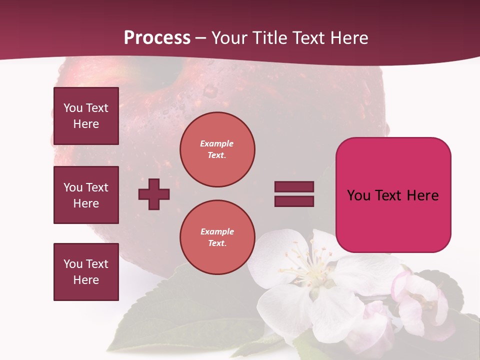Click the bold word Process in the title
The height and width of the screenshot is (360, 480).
pos(157,37)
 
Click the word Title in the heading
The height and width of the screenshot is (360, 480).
pos(268,37)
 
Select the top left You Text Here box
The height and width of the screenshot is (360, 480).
pos(86,116)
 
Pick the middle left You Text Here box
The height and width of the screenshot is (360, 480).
pos(86,195)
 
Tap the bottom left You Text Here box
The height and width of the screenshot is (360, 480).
pos(86,271)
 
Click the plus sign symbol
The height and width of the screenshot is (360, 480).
pos(154,194)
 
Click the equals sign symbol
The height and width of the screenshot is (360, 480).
pos(294,194)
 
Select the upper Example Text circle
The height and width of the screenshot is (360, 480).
pos(217,149)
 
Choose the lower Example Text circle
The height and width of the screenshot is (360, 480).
pos(217,237)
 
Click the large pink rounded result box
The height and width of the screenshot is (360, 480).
pos(393,195)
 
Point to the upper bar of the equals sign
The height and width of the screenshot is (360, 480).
pos(294,187)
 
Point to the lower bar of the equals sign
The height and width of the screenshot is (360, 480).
pos(294,201)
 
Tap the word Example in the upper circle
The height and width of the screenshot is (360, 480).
pos(216,143)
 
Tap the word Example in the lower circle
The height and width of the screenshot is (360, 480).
pos(217,231)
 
